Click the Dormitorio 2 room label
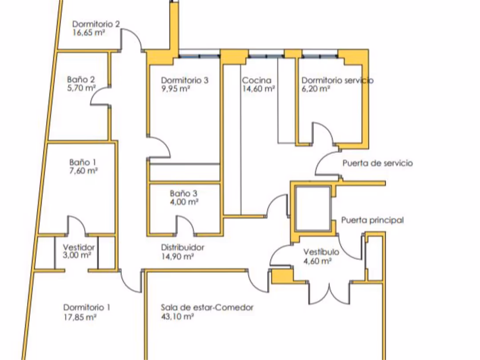click(x=96, y=24)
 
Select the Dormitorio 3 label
click(x=184, y=80)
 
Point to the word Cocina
click(x=256, y=80)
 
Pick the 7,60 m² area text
click(x=84, y=170)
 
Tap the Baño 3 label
click(x=184, y=193)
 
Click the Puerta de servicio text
click(x=377, y=163)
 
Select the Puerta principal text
click(x=372, y=220)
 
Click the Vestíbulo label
click(x=321, y=252)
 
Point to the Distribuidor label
click(x=183, y=248)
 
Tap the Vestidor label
click(x=79, y=247)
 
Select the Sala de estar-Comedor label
click(x=207, y=308)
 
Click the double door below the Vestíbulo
click(x=329, y=293)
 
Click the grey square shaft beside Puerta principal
click(x=313, y=208)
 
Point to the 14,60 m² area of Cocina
click(x=258, y=89)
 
